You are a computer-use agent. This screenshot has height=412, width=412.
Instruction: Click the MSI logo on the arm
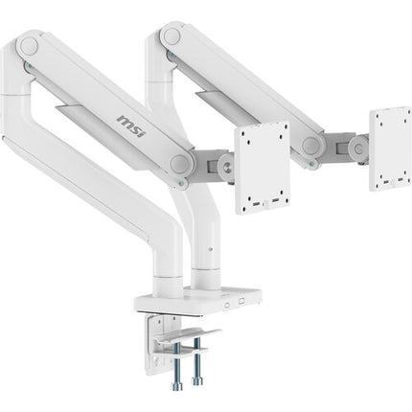[x=131, y=126]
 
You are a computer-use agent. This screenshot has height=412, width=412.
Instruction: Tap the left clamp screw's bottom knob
[x=176, y=386]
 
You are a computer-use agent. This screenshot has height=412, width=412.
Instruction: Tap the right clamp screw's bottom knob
[x=197, y=380]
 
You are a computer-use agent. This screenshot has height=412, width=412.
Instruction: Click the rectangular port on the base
[x=241, y=301]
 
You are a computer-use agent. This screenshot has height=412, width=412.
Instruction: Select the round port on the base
[x=227, y=306]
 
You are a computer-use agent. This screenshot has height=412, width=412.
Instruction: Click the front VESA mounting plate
[x=263, y=168]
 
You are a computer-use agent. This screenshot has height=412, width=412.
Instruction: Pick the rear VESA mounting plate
[x=390, y=149]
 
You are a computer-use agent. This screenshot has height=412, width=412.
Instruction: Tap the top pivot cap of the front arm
[x=29, y=45]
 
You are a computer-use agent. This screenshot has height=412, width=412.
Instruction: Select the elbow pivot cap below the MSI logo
[x=179, y=164]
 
